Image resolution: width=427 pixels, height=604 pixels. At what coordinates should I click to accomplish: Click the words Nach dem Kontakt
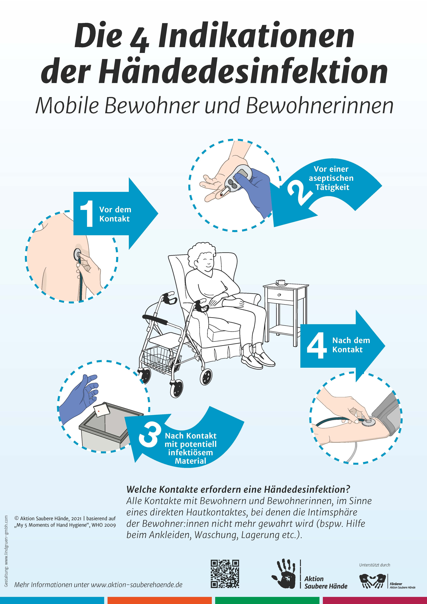click(x=351, y=345)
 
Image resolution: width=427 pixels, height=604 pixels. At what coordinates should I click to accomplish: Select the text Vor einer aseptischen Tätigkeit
click(x=331, y=178)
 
